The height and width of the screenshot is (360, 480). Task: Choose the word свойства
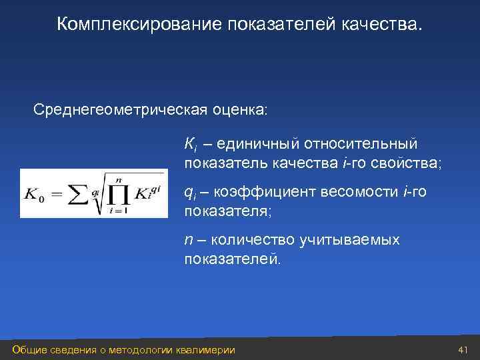pyautogui.click(x=407, y=163)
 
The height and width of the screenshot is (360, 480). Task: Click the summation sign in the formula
pyautogui.click(x=78, y=193)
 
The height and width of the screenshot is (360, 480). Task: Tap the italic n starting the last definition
pyautogui.click(x=188, y=240)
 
